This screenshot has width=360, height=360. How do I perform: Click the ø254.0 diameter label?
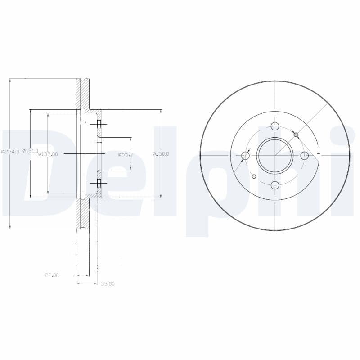(10, 152)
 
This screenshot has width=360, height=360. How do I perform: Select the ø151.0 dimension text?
(31, 151)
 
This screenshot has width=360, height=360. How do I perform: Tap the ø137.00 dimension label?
(48, 154)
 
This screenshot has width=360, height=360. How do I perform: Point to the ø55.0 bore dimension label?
(125, 154)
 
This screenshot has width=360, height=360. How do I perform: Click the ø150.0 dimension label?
(161, 154)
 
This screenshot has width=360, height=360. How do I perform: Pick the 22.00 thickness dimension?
(52, 275)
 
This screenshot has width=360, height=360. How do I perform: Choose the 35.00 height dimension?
(108, 283)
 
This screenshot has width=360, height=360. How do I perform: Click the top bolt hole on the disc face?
(275, 126)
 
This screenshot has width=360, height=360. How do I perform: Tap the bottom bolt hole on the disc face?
(275, 185)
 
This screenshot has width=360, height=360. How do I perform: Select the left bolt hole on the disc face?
(245, 156)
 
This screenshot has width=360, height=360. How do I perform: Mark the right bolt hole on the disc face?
(304, 156)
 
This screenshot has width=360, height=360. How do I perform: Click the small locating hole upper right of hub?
(296, 135)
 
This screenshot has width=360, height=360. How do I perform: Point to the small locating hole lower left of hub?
(254, 176)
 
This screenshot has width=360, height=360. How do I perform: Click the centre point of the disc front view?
(275, 156)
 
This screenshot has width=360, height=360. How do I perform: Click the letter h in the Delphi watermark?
(292, 171)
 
